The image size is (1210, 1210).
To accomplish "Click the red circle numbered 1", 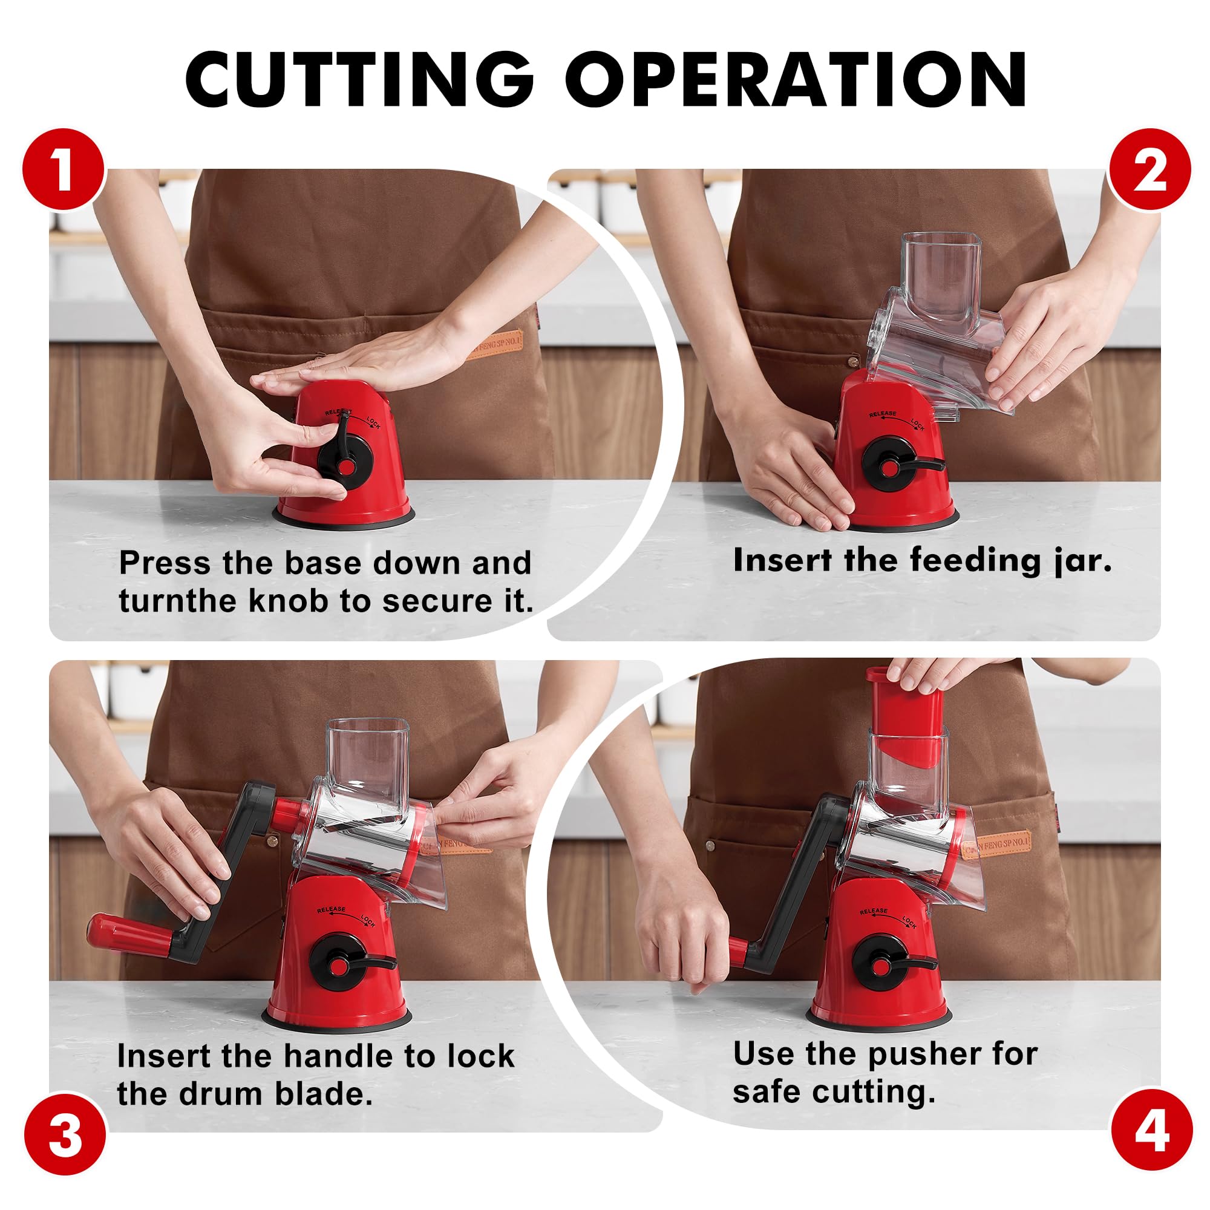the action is pyautogui.click(x=64, y=170).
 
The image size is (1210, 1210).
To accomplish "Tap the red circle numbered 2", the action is pyautogui.click(x=1149, y=170).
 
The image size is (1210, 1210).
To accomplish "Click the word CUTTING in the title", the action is pyautogui.click(x=359, y=79).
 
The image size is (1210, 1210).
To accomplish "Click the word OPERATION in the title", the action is pyautogui.click(x=796, y=79).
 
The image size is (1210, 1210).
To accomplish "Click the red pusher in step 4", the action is pyautogui.click(x=906, y=717).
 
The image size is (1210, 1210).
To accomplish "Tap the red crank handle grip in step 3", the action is pyautogui.click(x=131, y=935).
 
